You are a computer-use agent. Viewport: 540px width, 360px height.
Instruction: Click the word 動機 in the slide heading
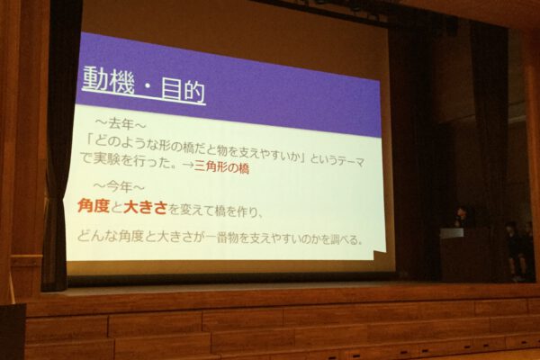tap(108, 80)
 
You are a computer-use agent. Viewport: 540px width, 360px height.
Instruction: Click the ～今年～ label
tap(119, 187)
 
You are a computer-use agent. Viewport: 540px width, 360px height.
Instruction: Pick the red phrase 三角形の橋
tap(221, 167)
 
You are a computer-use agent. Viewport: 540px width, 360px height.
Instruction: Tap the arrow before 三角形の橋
tap(188, 165)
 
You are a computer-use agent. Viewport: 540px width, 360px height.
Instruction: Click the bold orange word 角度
tap(94, 206)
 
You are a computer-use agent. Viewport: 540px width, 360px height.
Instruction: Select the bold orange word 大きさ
tap(145, 208)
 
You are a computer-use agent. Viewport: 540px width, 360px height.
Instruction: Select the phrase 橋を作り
tap(234, 211)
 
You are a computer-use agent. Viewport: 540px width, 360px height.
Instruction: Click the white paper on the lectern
tap(452, 233)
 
